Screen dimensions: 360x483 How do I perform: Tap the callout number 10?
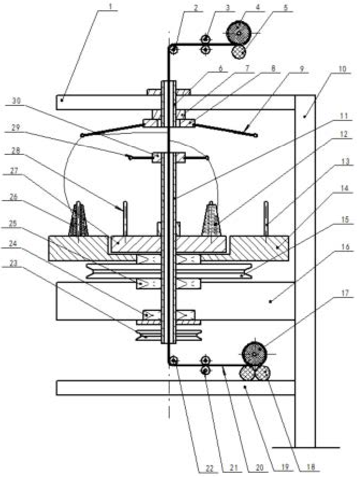(x=342, y=69)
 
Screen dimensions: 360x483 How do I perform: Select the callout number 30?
(x=16, y=101)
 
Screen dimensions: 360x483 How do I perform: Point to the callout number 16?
(x=345, y=247)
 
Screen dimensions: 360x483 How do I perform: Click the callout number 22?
(x=210, y=468)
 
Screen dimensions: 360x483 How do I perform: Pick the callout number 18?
(x=311, y=467)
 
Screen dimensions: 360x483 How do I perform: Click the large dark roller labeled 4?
(x=239, y=32)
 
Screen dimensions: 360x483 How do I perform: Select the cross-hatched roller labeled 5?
(x=239, y=52)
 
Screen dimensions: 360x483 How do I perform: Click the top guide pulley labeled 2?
(x=173, y=49)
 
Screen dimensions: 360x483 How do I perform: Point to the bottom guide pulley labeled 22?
(x=173, y=361)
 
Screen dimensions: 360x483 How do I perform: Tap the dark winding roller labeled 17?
(x=255, y=354)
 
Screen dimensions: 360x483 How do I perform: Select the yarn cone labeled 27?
(x=78, y=219)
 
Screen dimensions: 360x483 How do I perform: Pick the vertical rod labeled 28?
(x=125, y=218)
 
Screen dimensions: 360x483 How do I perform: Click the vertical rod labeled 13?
(x=266, y=219)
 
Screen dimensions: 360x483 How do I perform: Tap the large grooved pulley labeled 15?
(x=169, y=271)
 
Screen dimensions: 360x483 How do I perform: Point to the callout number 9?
(x=301, y=68)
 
